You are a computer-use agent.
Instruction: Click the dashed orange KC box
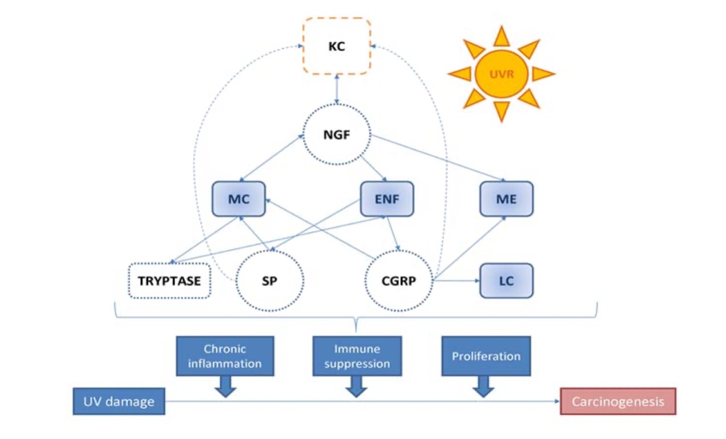pos(336,46)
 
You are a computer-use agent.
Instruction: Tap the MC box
pos(239,199)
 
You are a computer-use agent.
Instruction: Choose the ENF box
pos(387,199)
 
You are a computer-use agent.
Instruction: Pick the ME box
pos(506,199)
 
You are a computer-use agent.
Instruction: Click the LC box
pos(506,281)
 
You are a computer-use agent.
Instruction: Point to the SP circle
pos(270,281)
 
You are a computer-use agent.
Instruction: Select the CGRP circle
pos(398,281)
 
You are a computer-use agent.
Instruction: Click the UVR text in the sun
pos(501,74)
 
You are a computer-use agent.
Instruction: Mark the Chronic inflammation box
pos(225,356)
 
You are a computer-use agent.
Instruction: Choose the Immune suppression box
pos(357,356)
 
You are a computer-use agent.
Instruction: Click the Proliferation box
pos(486,356)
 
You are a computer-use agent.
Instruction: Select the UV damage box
pos(119,401)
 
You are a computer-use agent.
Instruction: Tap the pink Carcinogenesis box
pos(618,401)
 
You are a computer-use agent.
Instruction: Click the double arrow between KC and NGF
pos(337,89)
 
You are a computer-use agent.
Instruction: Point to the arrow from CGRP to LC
pos(456,281)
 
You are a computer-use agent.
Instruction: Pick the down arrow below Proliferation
pos(484,386)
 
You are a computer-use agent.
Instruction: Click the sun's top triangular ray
pos(501,36)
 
